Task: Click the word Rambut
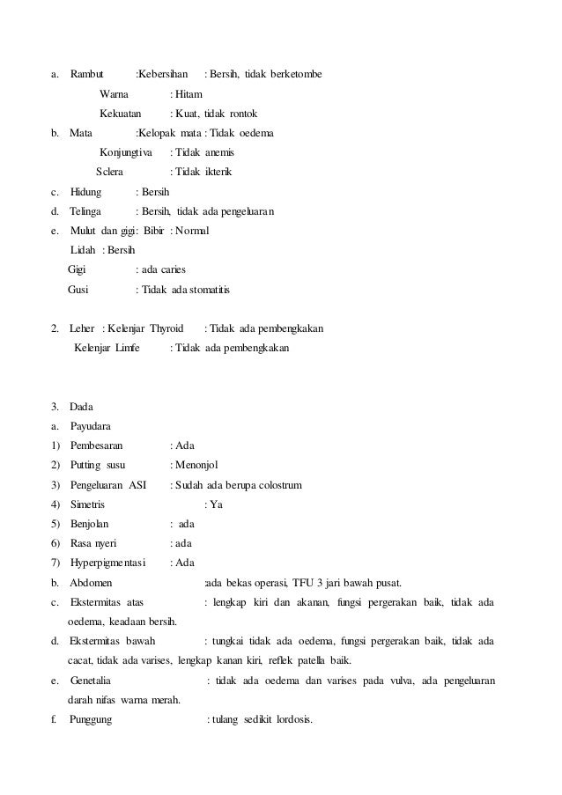(86, 72)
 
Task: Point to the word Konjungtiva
(126, 152)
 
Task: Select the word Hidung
(85, 191)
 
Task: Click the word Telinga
(85, 211)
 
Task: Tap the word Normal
(193, 231)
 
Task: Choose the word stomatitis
(212, 290)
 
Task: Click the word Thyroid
(166, 328)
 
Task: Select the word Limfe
(124, 348)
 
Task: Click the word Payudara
(90, 426)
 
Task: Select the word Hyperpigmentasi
(109, 563)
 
